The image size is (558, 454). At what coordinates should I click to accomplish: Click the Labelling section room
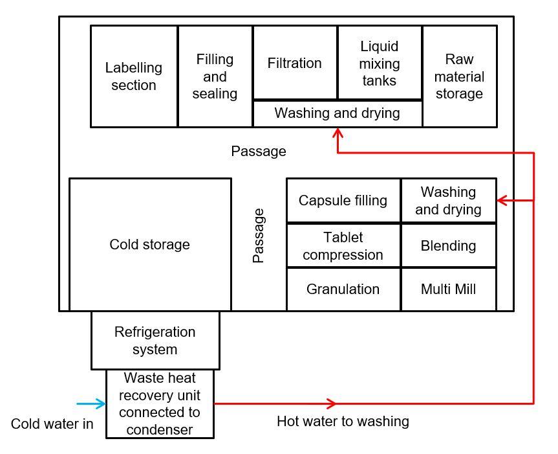(x=134, y=76)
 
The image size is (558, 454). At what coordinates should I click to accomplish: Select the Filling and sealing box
(x=215, y=76)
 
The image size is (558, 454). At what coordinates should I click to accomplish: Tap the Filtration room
(x=295, y=63)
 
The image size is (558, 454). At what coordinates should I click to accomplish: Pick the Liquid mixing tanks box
(x=380, y=63)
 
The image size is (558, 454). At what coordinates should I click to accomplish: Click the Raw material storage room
(x=459, y=76)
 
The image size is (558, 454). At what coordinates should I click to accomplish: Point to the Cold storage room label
(x=149, y=245)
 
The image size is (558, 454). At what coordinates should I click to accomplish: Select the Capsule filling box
(x=343, y=201)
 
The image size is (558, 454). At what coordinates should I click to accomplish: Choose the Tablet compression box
(x=343, y=246)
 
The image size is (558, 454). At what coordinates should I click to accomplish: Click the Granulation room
(x=343, y=289)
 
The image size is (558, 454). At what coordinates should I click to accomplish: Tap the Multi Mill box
(x=448, y=289)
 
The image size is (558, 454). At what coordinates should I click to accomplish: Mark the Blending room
(x=448, y=246)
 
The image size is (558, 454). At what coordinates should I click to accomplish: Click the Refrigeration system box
(x=155, y=341)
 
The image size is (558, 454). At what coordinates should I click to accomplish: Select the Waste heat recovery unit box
(x=160, y=403)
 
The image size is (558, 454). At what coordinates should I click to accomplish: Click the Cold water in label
(x=52, y=425)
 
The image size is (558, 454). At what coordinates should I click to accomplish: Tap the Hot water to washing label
(x=343, y=422)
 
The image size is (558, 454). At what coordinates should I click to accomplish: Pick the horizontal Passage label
(x=258, y=152)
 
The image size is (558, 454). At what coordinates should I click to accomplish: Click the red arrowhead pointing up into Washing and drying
(x=338, y=133)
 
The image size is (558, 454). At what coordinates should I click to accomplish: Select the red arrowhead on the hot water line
(x=332, y=404)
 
